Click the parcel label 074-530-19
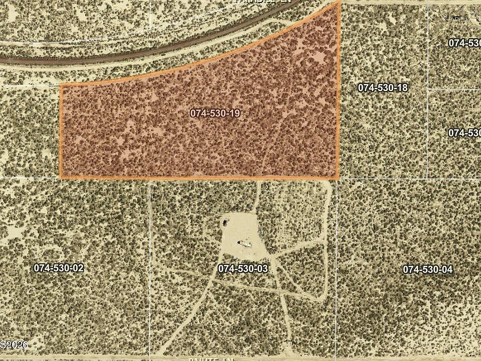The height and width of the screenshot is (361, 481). [215, 113]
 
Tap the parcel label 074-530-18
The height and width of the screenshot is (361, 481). [382, 88]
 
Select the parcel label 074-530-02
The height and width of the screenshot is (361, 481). [59, 268]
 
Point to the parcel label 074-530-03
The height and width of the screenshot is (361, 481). [243, 269]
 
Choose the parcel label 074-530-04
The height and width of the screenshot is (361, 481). [427, 270]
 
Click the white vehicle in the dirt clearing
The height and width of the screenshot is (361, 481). [246, 244]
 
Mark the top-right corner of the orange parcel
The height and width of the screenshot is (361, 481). [340, 2]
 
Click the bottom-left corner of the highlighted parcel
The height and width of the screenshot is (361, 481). [61, 177]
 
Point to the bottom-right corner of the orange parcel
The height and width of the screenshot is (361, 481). [338, 178]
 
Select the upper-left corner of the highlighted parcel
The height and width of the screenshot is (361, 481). [61, 85]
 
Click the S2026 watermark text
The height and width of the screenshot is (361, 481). [14, 345]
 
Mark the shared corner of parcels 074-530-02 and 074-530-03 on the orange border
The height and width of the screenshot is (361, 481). [150, 178]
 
